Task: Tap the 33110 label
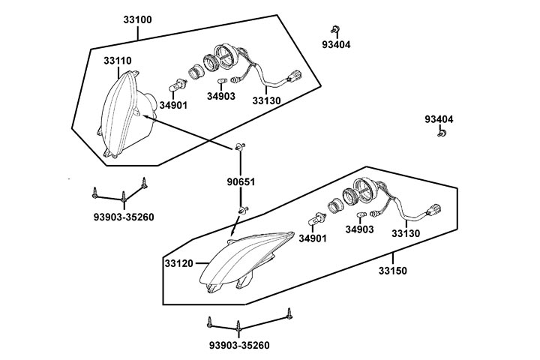click(118, 60)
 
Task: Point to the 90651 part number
click(241, 181)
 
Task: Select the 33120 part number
click(179, 263)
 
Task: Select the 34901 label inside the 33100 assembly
click(173, 105)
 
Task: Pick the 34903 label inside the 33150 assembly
click(359, 229)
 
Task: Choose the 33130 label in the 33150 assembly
click(406, 233)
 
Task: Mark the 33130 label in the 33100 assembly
click(266, 100)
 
